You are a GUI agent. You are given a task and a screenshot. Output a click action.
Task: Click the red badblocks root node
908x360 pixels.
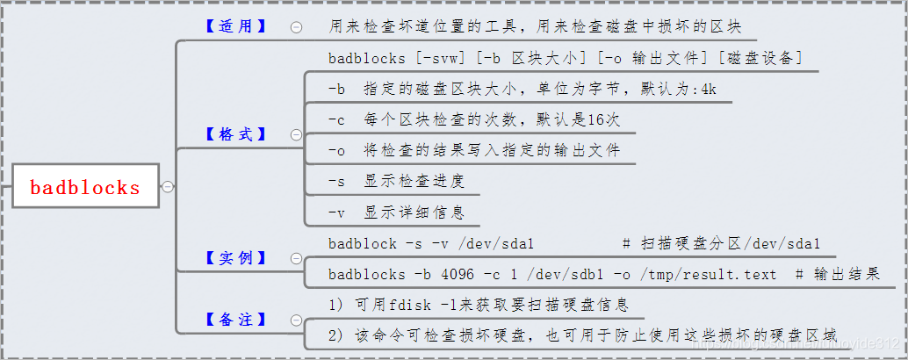point(85,187)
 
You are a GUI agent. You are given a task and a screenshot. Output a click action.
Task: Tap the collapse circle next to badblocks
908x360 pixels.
point(167,186)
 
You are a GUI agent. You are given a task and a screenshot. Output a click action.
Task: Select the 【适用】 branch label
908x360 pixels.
point(235,26)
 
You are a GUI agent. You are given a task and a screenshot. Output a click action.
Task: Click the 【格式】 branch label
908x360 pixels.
point(235,134)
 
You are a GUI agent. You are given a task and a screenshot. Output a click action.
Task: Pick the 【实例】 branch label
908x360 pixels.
point(235,258)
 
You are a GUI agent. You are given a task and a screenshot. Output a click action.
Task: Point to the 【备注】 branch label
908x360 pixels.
point(235,320)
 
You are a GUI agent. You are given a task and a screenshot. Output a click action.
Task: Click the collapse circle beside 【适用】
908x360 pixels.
point(296,27)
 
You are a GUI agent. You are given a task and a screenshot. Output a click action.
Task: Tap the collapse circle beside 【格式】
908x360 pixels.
point(296,135)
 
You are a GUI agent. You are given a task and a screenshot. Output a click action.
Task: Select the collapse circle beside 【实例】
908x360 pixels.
point(296,259)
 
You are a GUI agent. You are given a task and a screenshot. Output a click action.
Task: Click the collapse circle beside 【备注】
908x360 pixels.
point(296,320)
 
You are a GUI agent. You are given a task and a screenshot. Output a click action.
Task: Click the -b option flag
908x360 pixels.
point(336,90)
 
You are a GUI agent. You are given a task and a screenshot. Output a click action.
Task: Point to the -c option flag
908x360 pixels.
point(336,119)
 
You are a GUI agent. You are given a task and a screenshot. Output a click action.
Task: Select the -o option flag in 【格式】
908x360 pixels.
point(336,150)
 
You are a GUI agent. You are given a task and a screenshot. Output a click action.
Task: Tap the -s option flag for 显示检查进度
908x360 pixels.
point(336,181)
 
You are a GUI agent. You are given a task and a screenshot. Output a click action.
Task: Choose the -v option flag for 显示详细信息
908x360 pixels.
point(336,212)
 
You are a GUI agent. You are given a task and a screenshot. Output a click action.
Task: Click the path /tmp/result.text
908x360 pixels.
point(708,274)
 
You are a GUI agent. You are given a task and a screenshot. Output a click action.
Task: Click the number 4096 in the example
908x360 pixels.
point(458,274)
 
